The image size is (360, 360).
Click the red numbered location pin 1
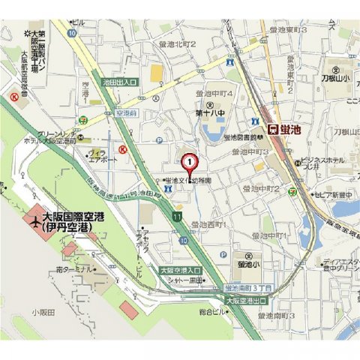pyautogui.click(x=190, y=161)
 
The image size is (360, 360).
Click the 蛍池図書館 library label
pyautogui.click(x=242, y=137)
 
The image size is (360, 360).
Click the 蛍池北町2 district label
pyautogui.click(x=177, y=45)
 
